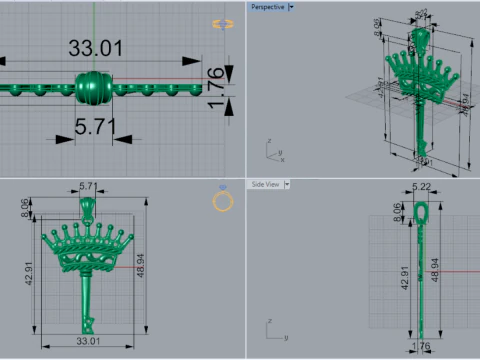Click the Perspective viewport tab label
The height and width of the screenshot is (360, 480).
[x=266, y=7]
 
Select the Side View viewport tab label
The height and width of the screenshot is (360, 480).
[x=265, y=184]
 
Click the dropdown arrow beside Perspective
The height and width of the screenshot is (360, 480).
[x=290, y=7]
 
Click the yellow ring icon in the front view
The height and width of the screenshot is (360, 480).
[x=223, y=202]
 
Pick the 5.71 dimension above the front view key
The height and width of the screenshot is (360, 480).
[x=88, y=186]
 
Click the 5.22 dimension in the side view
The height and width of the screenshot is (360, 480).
[x=421, y=187]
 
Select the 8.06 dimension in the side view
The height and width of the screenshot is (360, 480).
[x=396, y=211]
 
